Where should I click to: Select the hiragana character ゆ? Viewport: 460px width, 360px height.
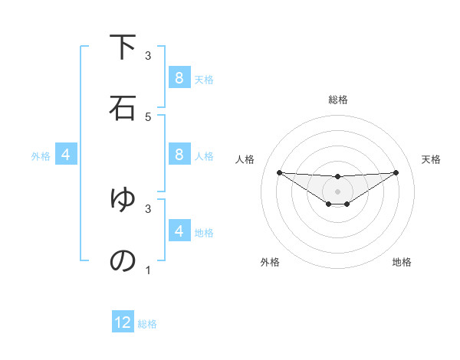coord(123,200)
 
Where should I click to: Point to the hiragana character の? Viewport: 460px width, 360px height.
coord(123,260)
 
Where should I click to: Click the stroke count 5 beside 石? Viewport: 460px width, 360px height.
coord(148,116)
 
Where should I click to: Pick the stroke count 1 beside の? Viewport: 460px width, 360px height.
coord(148,270)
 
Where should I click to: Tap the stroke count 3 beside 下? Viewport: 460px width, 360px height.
coord(148,56)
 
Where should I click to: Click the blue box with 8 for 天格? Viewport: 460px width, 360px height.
coord(179,78)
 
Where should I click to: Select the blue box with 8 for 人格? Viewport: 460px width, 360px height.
coord(179,155)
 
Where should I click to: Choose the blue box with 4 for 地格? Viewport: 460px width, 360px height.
coord(179,231)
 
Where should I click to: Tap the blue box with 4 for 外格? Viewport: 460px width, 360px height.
coord(65,155)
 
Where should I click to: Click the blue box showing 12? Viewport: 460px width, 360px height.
coord(123,322)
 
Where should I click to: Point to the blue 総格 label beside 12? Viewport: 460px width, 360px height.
coord(147,324)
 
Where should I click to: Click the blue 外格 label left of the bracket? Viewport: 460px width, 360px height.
coord(41,156)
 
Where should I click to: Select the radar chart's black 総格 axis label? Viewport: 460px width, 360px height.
coord(337,100)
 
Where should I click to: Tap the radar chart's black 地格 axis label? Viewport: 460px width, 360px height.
coord(402,262)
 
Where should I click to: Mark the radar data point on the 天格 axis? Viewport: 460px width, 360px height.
coord(396,172)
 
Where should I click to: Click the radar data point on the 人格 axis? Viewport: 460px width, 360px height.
coord(279,172)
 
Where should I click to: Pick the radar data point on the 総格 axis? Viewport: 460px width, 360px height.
coord(337,176)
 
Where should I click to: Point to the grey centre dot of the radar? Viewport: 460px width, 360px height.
coord(337,191)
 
